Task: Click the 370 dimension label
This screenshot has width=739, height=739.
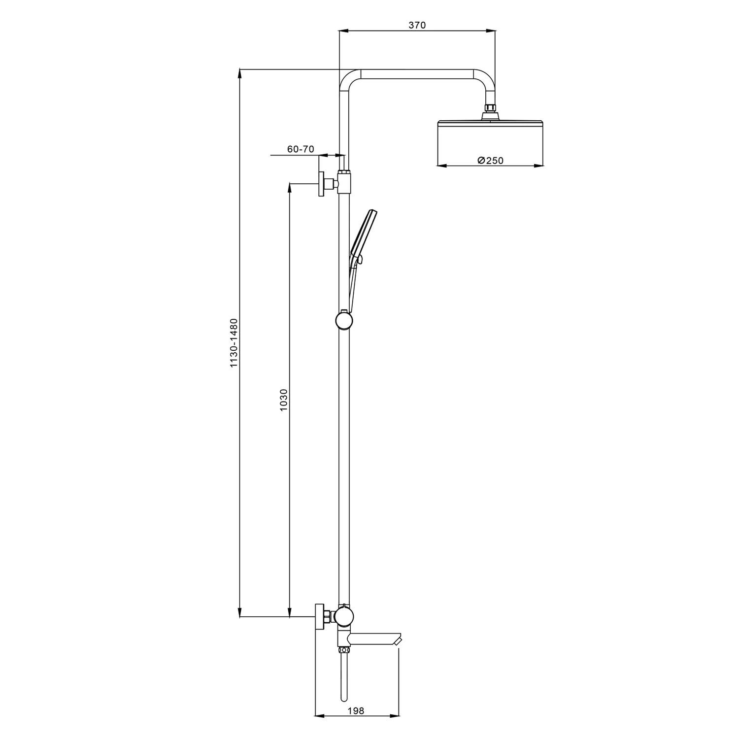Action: [417, 26]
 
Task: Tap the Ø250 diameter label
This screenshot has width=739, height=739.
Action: [491, 161]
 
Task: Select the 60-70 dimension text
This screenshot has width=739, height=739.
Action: [301, 149]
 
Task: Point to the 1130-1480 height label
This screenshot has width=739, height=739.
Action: [234, 342]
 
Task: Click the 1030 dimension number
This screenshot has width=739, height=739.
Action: [283, 401]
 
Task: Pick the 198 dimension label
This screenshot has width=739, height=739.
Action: [356, 711]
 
